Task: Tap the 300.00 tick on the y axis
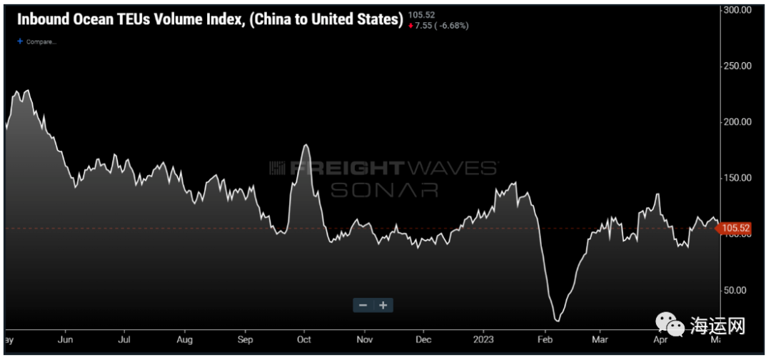[x=738, y=11]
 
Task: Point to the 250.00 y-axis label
[x=738, y=66]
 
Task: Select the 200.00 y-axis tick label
[x=738, y=121]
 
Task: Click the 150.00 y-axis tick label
[x=738, y=178]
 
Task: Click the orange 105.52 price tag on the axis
[x=734, y=229]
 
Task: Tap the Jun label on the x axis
[x=65, y=340]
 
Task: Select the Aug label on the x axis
[x=184, y=340]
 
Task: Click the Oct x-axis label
[x=304, y=340]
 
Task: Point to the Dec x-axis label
[x=423, y=340]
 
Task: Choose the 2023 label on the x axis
[x=485, y=340]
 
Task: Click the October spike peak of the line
[x=306, y=145]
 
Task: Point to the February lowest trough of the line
[x=557, y=320]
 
